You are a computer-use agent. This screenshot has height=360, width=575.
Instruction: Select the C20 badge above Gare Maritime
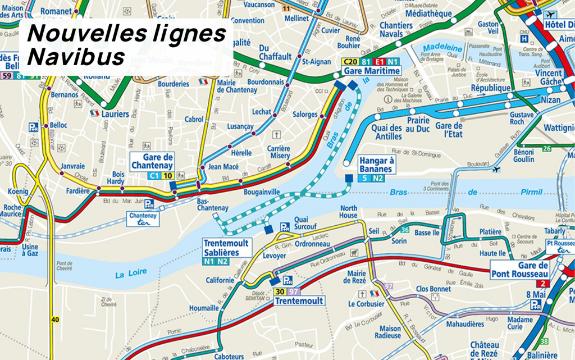click(351, 62)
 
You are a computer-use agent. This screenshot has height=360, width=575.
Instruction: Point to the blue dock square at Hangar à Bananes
click(349, 178)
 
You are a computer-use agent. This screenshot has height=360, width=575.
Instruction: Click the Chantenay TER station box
click(143, 219)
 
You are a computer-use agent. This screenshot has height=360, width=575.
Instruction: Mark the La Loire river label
click(130, 273)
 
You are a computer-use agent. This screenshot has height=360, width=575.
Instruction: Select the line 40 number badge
click(54, 320)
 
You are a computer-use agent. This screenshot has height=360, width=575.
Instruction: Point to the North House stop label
click(348, 212)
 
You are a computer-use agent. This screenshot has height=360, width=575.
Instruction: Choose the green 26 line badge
click(547, 149)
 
